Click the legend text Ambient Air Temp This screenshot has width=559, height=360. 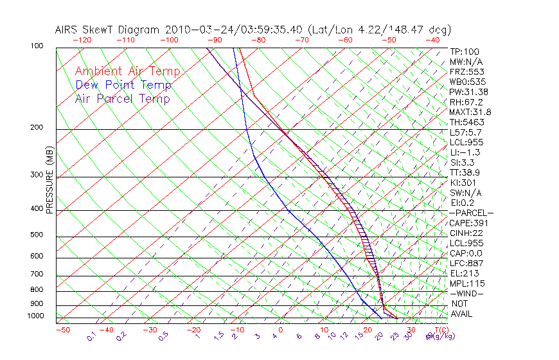click(127, 71)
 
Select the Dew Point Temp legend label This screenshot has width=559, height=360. click(123, 85)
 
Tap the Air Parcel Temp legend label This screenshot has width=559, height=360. click(122, 98)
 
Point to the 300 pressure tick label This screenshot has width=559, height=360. click(37, 175)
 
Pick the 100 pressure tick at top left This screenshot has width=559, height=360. click(37, 46)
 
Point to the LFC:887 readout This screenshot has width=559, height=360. click(465, 264)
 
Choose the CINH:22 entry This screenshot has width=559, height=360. click(466, 233)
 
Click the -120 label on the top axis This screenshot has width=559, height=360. click(82, 40)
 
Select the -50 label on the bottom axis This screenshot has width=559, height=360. click(62, 330)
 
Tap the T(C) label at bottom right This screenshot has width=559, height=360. click(442, 330)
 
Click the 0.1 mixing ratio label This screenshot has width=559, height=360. click(92, 336)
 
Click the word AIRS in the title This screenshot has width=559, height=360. click(68, 30)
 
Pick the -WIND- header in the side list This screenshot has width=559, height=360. click(466, 294)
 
